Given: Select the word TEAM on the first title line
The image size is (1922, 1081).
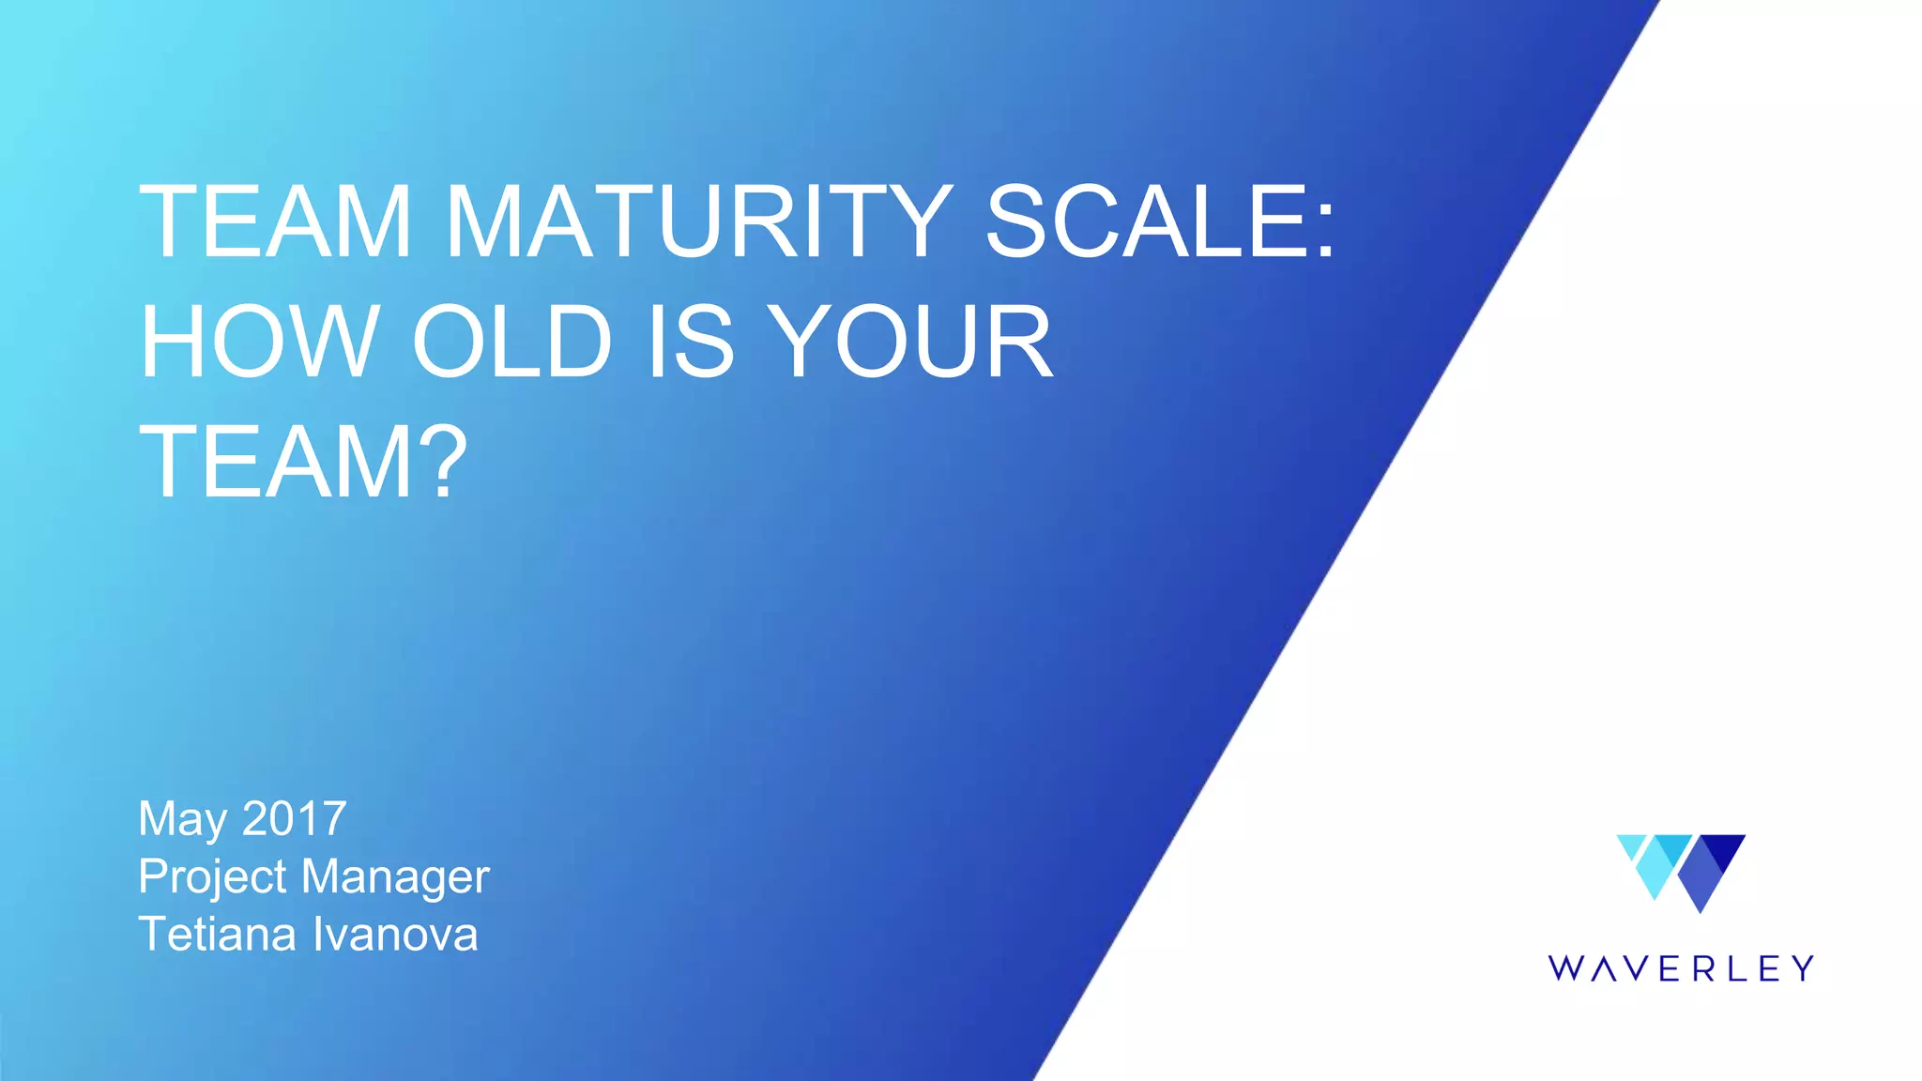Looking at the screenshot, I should coord(275,222).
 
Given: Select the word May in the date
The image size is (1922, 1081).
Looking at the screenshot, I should coord(182,819).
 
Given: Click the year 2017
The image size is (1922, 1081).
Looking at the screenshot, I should coord(295,818).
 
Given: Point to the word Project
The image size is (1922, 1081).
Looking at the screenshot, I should coord(212,876).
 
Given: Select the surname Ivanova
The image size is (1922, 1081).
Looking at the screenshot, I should coord(394,935).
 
